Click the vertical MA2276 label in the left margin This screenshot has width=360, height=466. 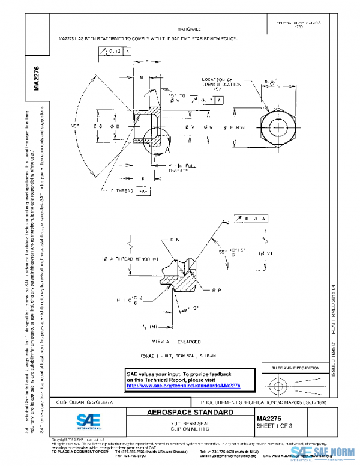coord(37,78)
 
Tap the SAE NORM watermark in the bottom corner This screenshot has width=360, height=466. coord(324,452)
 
